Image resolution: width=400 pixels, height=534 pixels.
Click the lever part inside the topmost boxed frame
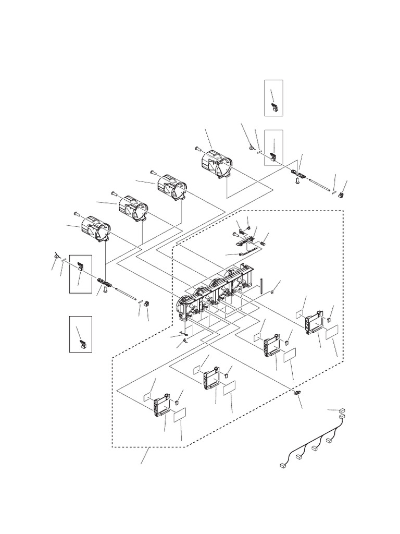275,108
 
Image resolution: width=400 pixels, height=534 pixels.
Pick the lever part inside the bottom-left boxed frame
82,343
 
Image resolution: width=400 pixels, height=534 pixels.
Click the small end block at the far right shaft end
341,194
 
